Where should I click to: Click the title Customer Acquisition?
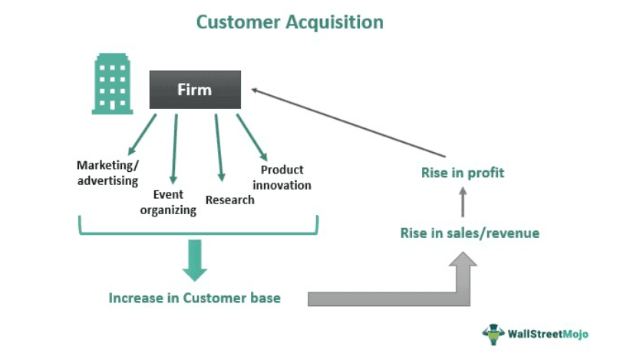[x=289, y=21]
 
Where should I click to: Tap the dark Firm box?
[x=195, y=90]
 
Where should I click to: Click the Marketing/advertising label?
[x=107, y=173]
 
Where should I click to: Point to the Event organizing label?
[x=168, y=202]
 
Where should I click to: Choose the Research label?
[x=229, y=200]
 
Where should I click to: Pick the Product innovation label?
[x=282, y=177]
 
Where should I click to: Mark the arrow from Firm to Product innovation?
[x=251, y=137]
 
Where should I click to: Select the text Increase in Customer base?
[x=194, y=297]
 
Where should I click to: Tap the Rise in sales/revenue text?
[x=470, y=233]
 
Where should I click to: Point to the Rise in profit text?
[x=463, y=173]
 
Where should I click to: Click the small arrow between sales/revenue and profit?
[x=463, y=203]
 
